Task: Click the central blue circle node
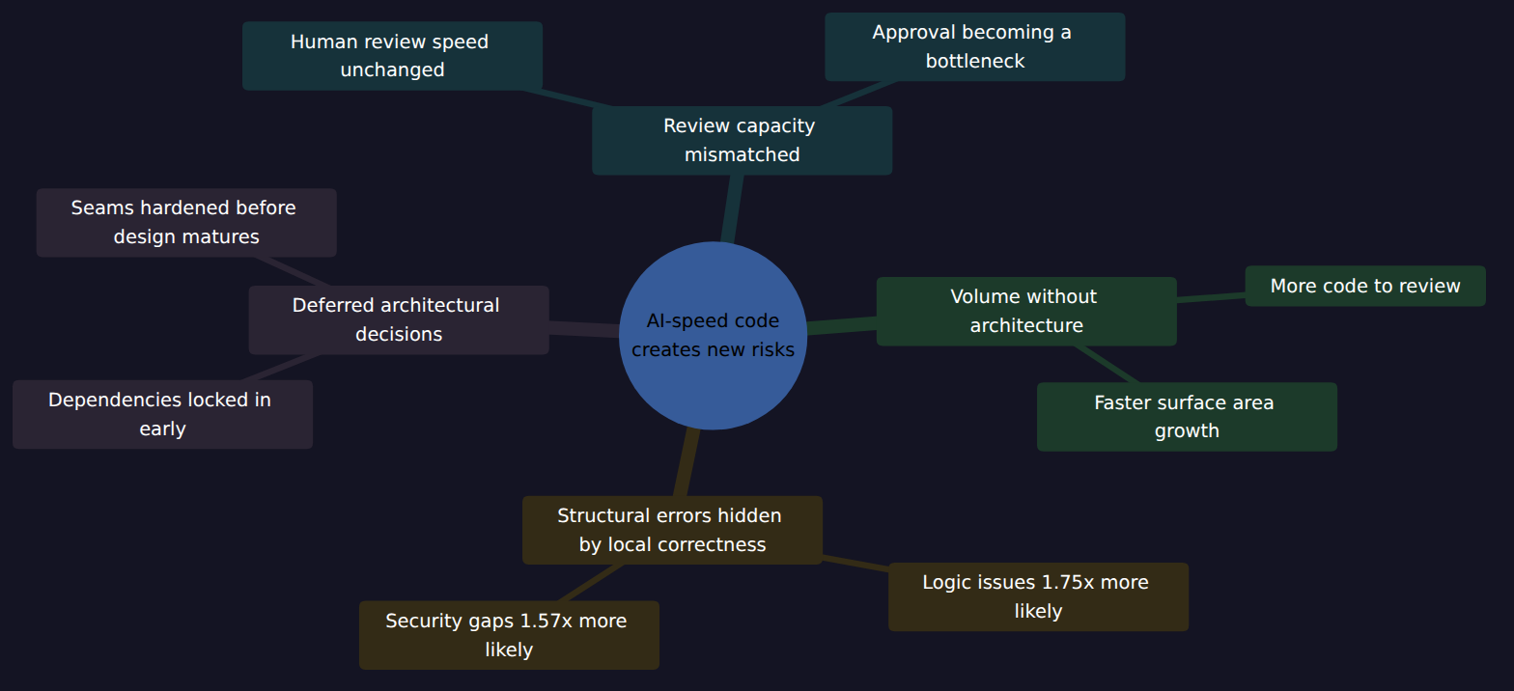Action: (713, 336)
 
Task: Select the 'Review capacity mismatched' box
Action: (743, 141)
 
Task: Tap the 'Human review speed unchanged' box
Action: (392, 56)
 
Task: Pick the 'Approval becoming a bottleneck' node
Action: (974, 46)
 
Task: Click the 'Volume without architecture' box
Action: (1026, 312)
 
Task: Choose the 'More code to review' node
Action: (1365, 286)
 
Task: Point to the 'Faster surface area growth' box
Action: (1187, 417)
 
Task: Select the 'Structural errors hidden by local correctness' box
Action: (672, 530)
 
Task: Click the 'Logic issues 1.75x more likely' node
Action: (1038, 597)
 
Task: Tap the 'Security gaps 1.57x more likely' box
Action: (509, 635)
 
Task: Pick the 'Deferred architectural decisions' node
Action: (399, 320)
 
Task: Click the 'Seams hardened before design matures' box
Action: (186, 222)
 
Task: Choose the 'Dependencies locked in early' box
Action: (163, 414)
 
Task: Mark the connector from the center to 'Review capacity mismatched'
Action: (732, 208)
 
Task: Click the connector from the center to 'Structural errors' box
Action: (686, 462)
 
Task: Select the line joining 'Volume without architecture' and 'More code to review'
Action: (1211, 297)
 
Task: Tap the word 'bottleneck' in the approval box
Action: (974, 61)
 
